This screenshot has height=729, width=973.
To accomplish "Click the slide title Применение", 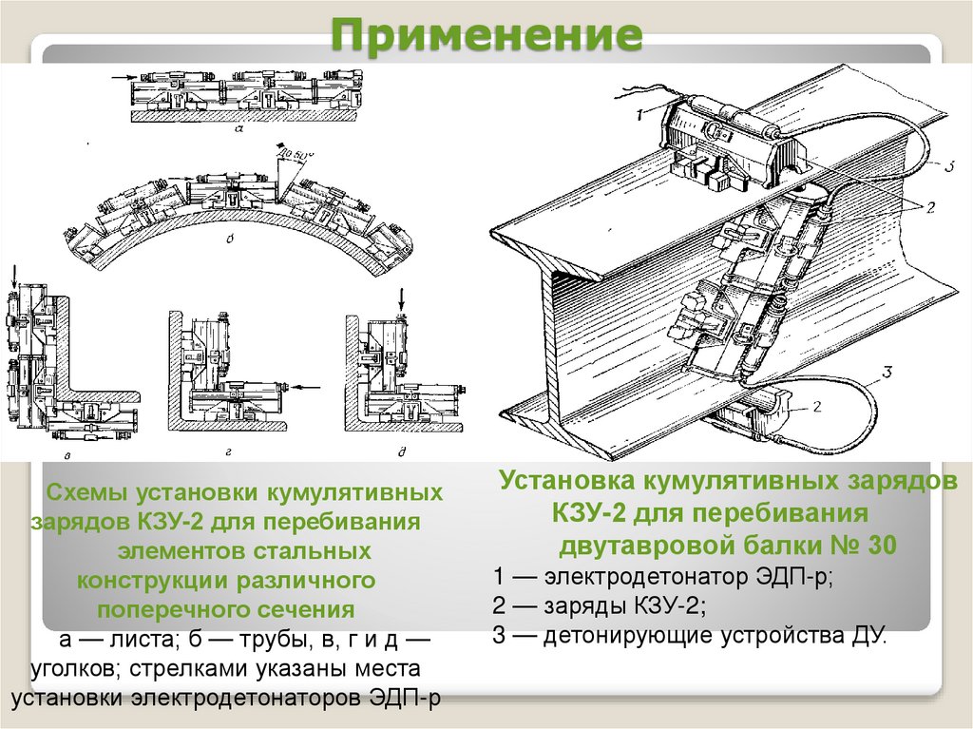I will [x=486, y=36].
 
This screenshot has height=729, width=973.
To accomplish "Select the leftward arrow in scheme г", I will [x=305, y=387].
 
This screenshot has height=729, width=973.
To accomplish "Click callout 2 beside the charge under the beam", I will [x=814, y=406].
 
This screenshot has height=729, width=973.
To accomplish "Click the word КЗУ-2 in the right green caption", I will [x=588, y=514].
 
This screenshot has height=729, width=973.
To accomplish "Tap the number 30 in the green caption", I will [x=879, y=547].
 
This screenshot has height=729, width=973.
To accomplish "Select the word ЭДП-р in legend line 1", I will [x=794, y=578].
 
